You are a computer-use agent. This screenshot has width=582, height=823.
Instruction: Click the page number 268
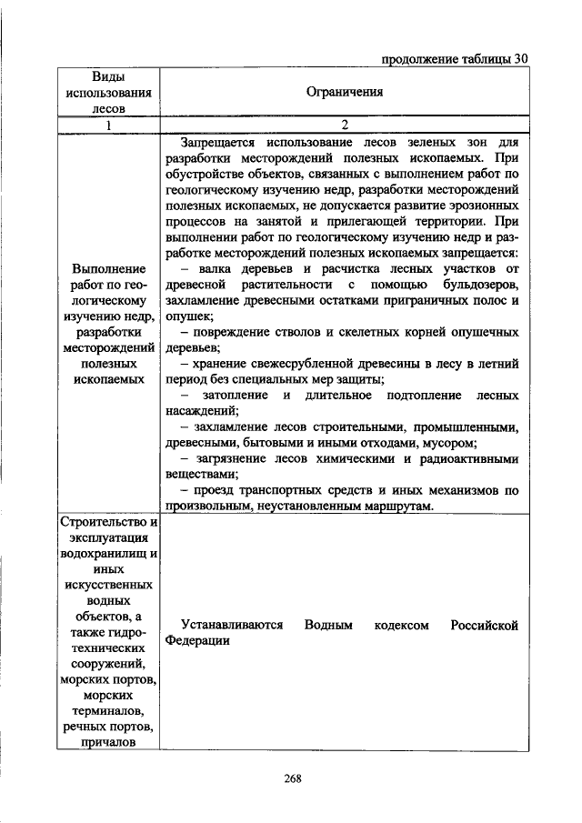pos(292,778)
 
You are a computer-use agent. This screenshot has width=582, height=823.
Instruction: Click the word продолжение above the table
pos(413,60)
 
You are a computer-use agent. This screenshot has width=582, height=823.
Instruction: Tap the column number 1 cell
pos(106,125)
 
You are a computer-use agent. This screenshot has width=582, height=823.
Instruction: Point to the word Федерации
pos(197,640)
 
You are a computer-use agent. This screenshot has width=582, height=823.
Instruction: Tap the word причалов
pos(107,742)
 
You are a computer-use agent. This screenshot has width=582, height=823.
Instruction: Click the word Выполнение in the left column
pos(107,269)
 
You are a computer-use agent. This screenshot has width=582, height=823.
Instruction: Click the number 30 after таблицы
pos(519,60)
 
